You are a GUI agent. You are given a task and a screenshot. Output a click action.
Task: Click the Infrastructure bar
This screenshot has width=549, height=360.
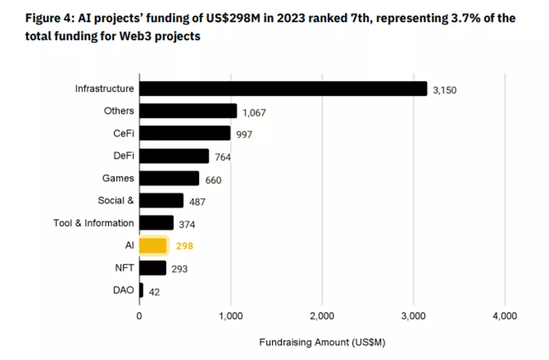[x=283, y=88]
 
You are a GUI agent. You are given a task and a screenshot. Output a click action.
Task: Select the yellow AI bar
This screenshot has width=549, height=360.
[x=153, y=246]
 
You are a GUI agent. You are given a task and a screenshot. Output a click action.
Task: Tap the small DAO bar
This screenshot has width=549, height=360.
[x=141, y=290]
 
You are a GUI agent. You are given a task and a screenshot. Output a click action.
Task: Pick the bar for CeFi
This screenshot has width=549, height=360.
[x=185, y=134]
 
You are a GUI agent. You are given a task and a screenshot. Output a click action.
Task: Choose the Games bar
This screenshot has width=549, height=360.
[x=169, y=179]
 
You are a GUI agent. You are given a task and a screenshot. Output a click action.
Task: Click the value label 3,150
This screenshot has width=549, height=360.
[x=445, y=90]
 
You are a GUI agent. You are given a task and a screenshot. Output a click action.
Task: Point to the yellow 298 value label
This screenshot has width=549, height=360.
[x=185, y=246]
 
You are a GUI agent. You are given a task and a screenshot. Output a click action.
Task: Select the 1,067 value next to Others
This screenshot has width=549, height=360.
[x=254, y=113]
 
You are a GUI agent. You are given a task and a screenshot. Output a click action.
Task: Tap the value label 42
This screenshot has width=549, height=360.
[x=154, y=292]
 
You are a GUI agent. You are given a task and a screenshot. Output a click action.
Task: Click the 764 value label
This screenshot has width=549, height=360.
[x=223, y=157]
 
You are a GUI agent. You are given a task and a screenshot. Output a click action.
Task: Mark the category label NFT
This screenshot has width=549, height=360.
[x=124, y=268]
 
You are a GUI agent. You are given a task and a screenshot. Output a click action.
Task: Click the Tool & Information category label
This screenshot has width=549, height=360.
[x=94, y=223]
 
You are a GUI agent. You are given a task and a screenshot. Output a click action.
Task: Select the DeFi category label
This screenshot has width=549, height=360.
[x=123, y=155]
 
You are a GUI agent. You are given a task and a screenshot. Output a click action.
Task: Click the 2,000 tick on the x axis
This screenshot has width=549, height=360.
[x=322, y=316]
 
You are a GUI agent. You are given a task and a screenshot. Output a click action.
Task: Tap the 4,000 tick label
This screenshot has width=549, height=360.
[x=504, y=316]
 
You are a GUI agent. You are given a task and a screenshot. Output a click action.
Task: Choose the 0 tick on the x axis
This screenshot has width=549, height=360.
[x=139, y=316]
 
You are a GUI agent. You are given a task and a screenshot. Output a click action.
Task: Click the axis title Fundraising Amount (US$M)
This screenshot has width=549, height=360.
[x=322, y=342]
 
